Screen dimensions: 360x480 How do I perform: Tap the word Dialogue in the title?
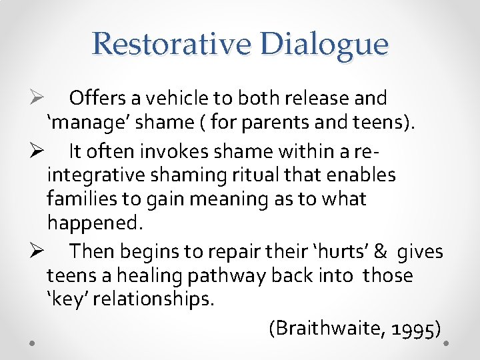(325, 44)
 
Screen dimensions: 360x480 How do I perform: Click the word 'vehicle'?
(181, 99)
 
